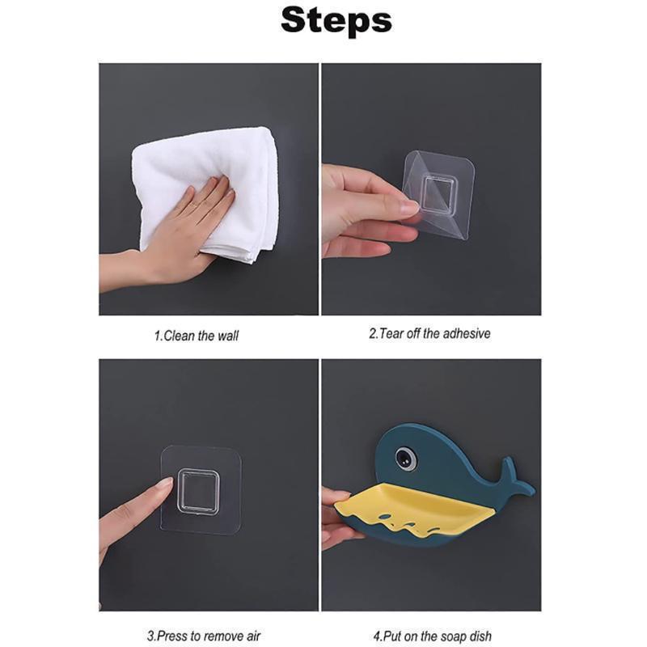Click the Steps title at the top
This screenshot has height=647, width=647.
336,21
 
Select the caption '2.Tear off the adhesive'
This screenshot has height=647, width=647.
429,333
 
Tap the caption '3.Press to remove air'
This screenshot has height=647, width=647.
204,636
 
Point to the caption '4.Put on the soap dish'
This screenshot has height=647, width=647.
433,636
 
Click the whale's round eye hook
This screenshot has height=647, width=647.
405,459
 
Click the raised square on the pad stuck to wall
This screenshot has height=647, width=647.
199,491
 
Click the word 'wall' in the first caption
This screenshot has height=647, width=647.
227,336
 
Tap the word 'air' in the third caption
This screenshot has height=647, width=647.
252,636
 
